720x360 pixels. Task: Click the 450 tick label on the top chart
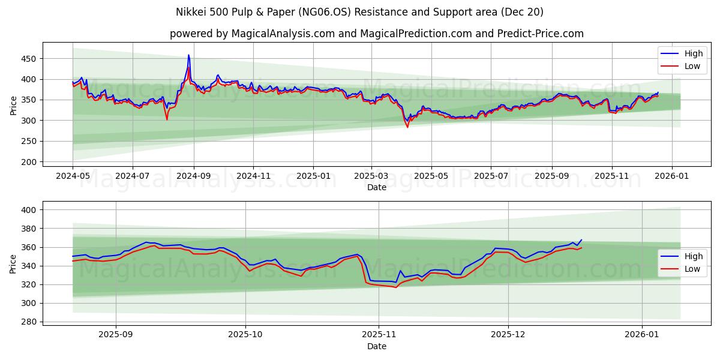pos(28,59)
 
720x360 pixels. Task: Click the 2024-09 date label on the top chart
pos(194,176)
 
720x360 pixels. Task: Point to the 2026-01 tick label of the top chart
pos(671,176)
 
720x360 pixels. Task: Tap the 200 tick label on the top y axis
pos(28,162)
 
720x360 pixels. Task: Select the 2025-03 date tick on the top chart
pos(371,176)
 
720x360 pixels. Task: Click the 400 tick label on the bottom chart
pos(28,210)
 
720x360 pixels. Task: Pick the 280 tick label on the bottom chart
pos(28,322)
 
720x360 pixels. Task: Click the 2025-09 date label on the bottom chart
pos(116,335)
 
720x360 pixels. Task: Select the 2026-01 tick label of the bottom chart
pos(642,335)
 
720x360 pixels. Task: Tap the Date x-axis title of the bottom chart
pos(377,346)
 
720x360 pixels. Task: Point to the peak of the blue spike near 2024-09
pos(188,55)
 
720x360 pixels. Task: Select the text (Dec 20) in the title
pos(523,12)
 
